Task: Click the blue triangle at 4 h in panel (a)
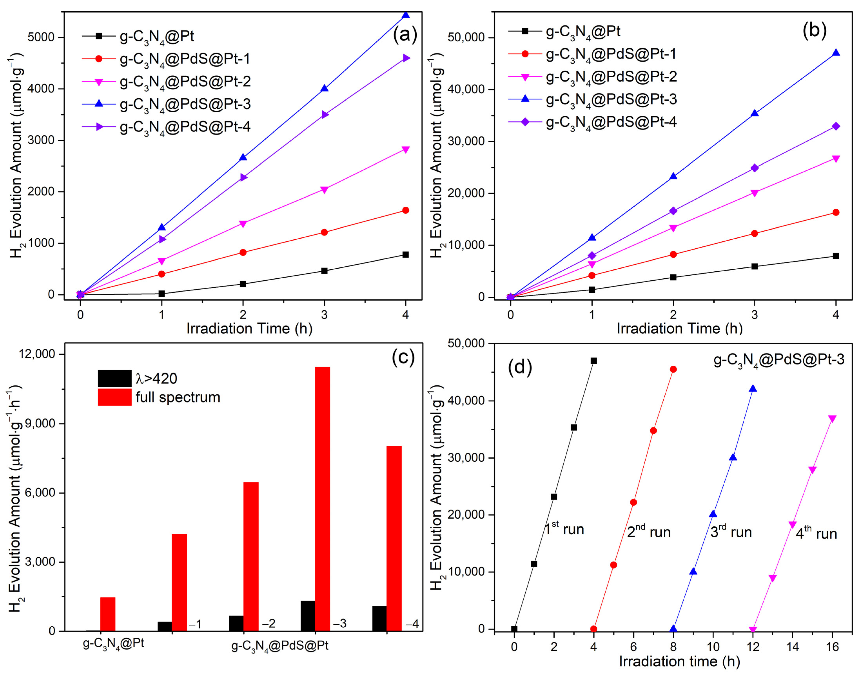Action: point(405,15)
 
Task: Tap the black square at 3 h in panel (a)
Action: point(324,271)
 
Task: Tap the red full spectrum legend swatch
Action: point(114,397)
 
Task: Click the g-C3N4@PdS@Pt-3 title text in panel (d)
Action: point(779,360)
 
